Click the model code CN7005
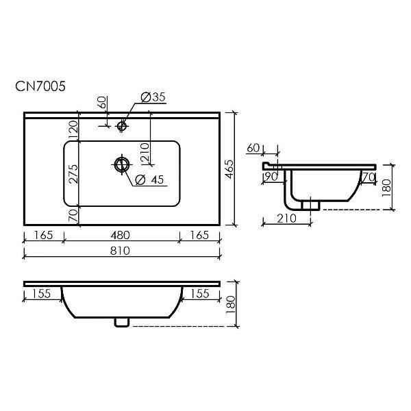click(x=40, y=86)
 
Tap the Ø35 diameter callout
click(x=153, y=97)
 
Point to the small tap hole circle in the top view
click(x=122, y=126)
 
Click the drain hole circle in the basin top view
click(x=122, y=164)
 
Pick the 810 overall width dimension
click(x=120, y=251)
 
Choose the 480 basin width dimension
click(x=120, y=235)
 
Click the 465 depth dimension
click(x=229, y=169)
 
